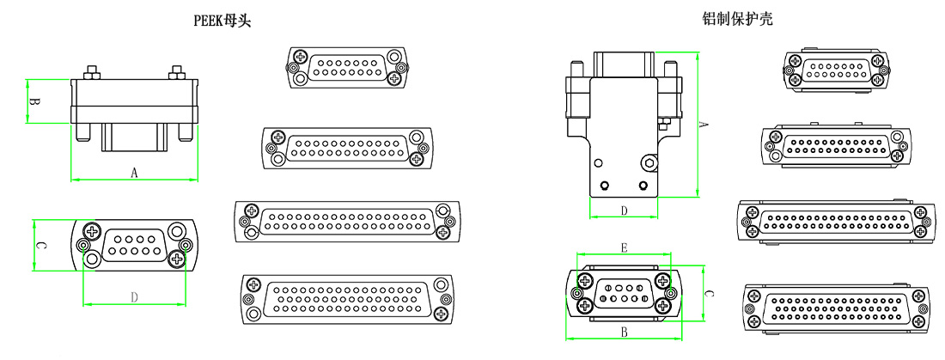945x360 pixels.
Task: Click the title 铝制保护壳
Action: click(x=737, y=18)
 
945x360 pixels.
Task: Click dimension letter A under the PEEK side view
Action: click(x=134, y=173)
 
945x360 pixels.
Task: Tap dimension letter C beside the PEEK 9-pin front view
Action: click(x=40, y=246)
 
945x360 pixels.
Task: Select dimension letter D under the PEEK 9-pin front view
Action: click(x=134, y=297)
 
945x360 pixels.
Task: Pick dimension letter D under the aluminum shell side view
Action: click(x=624, y=210)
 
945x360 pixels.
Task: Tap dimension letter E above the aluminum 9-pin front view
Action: click(x=624, y=247)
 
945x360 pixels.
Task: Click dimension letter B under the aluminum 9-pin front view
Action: click(x=624, y=331)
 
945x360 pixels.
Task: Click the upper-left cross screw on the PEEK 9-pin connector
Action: click(x=93, y=231)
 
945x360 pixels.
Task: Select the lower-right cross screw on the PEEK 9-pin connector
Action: click(x=177, y=259)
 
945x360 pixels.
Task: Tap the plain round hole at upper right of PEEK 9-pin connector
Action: click(x=177, y=231)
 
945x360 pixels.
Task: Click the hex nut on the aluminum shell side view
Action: click(x=649, y=162)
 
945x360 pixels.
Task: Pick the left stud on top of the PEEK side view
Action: click(x=89, y=70)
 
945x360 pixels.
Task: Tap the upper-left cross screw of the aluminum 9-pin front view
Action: click(x=585, y=281)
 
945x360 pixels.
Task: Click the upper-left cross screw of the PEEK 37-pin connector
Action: click(x=252, y=211)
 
